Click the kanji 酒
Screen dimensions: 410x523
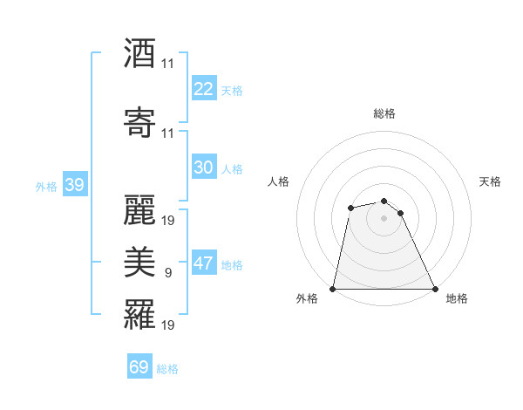[x=139, y=53]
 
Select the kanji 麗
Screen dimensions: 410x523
[x=139, y=209]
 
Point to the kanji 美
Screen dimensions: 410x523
[x=139, y=262]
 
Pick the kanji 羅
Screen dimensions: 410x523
[x=139, y=314]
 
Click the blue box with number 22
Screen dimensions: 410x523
[x=204, y=89]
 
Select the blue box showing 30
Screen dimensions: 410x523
[x=204, y=167]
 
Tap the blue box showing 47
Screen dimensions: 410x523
[x=204, y=264]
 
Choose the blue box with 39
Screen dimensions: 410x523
[x=74, y=185]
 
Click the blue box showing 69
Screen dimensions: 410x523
[x=139, y=367]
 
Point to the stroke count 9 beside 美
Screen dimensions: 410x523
[x=168, y=273]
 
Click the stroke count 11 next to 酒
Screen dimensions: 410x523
[x=168, y=64]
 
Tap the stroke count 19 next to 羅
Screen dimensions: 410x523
[x=168, y=325]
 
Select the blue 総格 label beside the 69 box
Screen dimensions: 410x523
[x=168, y=369]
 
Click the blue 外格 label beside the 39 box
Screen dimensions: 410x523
[x=46, y=186]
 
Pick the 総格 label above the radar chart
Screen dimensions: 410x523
[x=384, y=113]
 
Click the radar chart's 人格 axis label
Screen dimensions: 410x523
[x=279, y=181]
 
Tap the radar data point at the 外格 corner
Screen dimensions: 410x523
[x=333, y=289]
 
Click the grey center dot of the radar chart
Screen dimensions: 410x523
[x=384, y=218]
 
